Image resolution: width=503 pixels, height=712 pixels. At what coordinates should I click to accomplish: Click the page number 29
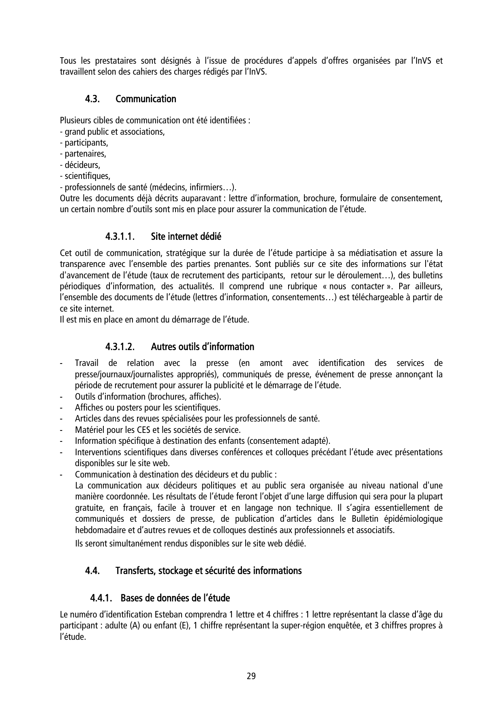point(251,676)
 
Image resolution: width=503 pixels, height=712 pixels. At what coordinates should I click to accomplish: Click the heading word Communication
point(146,99)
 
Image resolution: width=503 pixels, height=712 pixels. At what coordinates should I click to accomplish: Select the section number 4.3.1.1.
point(120,236)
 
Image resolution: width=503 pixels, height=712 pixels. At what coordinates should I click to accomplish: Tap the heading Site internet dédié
point(186,236)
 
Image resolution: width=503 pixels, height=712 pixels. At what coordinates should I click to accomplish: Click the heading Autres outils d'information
point(202,347)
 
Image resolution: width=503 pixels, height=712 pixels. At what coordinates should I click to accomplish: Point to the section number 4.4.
point(92,571)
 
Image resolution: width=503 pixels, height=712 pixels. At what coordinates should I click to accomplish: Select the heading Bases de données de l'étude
point(175,598)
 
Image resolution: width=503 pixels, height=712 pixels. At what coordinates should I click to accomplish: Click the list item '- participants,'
point(84,143)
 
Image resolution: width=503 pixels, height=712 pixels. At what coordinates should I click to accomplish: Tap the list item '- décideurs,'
point(80,165)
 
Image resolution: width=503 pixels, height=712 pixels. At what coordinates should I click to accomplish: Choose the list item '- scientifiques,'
point(85,176)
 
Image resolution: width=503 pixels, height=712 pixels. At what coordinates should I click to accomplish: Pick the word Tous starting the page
point(67,61)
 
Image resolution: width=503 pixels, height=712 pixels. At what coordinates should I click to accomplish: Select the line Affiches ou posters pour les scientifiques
point(148,408)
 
